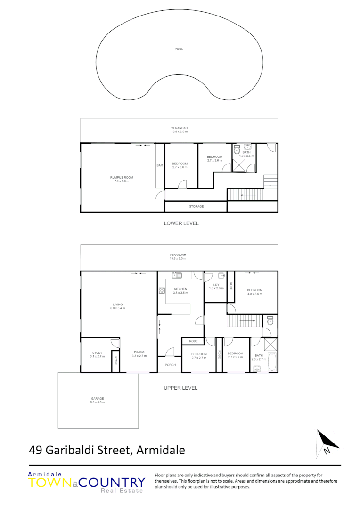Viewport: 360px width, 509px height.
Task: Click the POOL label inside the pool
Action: coord(179,49)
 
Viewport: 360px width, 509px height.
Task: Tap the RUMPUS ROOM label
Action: coord(122,177)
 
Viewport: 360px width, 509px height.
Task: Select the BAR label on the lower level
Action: coord(160,165)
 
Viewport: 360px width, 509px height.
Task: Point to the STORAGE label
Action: coord(196,206)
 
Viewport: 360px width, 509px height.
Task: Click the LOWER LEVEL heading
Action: coord(181,223)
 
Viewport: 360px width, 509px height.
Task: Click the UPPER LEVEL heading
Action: coord(180,388)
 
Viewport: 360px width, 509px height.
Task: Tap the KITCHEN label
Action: coord(180,289)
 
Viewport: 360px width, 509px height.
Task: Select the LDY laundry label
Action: coord(216,285)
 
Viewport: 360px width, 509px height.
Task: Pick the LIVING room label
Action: coord(118,304)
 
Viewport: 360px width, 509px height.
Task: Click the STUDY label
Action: coord(98,352)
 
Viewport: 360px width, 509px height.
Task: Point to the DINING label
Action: coord(139,352)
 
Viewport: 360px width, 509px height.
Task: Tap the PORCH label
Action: coord(170,365)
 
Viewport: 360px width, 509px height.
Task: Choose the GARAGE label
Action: coord(98,398)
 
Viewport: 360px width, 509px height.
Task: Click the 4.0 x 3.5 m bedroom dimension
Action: coord(254,294)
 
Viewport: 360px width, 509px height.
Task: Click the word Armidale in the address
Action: coord(160,450)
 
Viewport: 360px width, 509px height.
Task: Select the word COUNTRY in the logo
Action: coord(112,483)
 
